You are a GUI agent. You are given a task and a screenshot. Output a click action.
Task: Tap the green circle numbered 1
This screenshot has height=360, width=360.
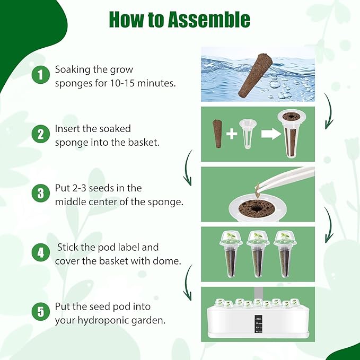pos(40,75)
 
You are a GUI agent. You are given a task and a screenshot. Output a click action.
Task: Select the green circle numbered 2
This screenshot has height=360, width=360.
pos(40,134)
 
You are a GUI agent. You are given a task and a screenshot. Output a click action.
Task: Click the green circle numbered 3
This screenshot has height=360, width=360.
pos(40,194)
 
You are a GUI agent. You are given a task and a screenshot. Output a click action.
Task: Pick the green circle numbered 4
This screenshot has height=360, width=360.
pos(40,253)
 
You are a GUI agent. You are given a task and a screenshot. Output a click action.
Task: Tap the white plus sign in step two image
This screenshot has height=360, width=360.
pos(232,134)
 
